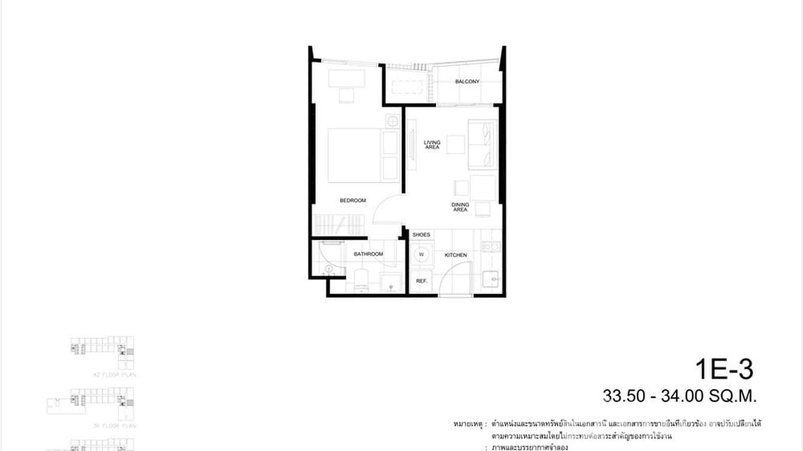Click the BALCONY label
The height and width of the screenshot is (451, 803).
point(467,82)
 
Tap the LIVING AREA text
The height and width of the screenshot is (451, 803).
point(432,145)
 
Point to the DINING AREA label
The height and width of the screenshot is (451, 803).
point(460,207)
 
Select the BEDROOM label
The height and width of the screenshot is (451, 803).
point(352,201)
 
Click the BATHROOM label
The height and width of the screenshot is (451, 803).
point(368,254)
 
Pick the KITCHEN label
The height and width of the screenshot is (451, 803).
point(455,255)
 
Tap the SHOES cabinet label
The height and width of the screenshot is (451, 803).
point(421,235)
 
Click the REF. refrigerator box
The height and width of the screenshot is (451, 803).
point(421,281)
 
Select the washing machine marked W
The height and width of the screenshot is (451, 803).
point(421,255)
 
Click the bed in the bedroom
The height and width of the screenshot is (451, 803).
point(354,155)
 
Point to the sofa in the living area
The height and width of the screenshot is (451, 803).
point(483,145)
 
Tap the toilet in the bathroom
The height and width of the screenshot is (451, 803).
point(361,281)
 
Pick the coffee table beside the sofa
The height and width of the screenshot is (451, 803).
point(455,145)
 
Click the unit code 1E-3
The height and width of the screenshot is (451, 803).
point(725,370)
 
